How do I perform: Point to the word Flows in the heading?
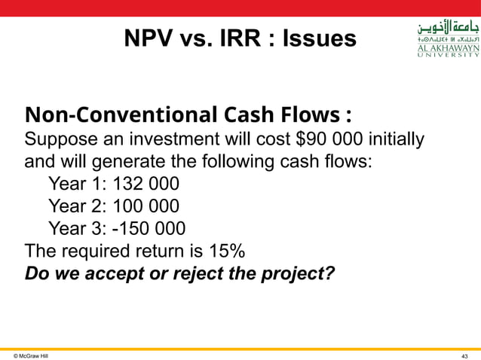click(305, 116)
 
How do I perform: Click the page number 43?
click(464, 354)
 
